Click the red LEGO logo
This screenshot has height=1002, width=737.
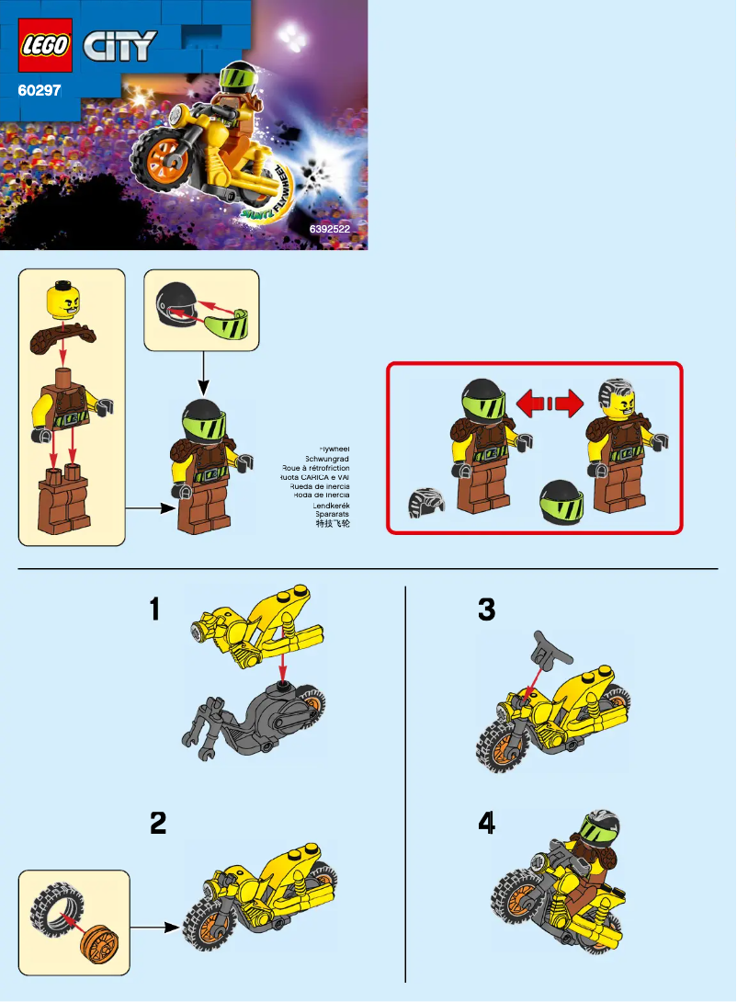[45, 47]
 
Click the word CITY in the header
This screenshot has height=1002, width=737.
[120, 46]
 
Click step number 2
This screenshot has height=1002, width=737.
[158, 824]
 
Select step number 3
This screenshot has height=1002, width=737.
[486, 609]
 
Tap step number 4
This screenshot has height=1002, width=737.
[486, 825]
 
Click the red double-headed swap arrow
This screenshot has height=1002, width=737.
[550, 402]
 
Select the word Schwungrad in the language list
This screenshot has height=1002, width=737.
[329, 458]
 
